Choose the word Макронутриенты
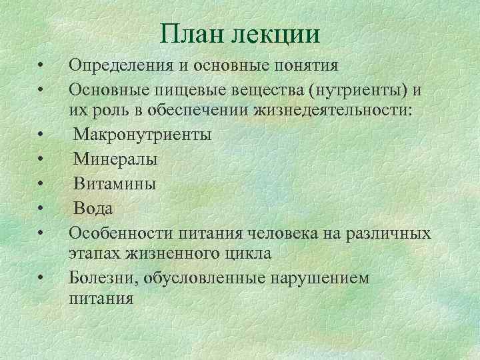pos(143,135)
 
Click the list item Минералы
pos(115,159)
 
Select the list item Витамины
pos(115,183)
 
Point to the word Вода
pos(93,208)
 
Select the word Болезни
pos(100,277)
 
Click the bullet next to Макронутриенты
pos(41,135)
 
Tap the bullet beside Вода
pos(41,209)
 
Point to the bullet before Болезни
pos(41,277)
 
